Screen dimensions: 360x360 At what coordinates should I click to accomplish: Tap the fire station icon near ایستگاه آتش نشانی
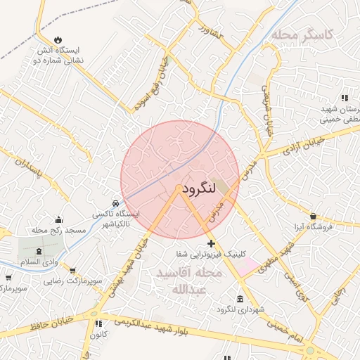(x=57, y=39)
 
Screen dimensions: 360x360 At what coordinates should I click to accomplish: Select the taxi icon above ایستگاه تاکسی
(x=117, y=202)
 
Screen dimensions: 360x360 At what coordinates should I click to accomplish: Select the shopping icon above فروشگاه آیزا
(x=313, y=217)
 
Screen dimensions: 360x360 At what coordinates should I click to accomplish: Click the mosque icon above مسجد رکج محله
(x=58, y=219)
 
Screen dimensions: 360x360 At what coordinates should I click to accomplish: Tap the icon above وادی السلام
(x=38, y=251)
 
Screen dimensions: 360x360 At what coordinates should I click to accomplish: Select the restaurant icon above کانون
(x=98, y=324)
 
